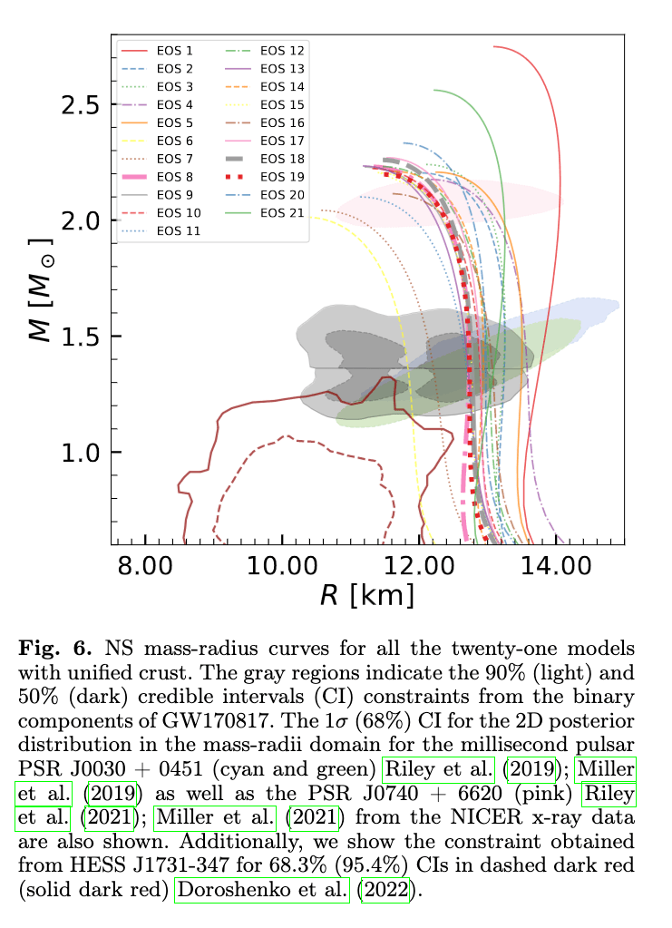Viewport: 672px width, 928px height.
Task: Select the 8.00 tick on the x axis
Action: [145, 567]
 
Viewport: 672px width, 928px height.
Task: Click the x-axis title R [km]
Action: [367, 595]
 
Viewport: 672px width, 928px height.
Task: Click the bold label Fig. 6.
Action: [56, 649]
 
